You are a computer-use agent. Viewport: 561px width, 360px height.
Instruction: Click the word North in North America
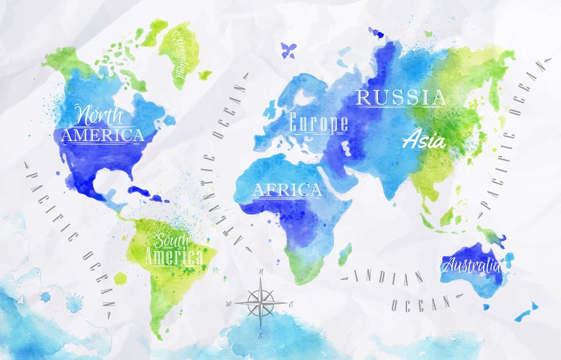pyautogui.click(x=101, y=116)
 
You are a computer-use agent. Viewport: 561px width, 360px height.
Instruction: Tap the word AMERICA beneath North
pyautogui.click(x=103, y=135)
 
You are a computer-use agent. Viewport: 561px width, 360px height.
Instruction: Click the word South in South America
pyautogui.click(x=170, y=239)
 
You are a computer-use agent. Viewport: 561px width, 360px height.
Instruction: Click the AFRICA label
pyautogui.click(x=287, y=190)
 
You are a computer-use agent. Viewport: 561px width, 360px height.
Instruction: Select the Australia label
pyautogui.click(x=471, y=265)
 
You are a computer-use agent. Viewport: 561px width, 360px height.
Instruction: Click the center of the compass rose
pyautogui.click(x=260, y=303)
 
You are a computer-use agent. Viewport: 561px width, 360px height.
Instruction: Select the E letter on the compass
pyautogui.click(x=292, y=304)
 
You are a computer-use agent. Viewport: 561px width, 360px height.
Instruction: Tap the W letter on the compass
pyautogui.click(x=228, y=303)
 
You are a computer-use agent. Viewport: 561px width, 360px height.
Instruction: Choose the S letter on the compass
pyautogui.click(x=260, y=335)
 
